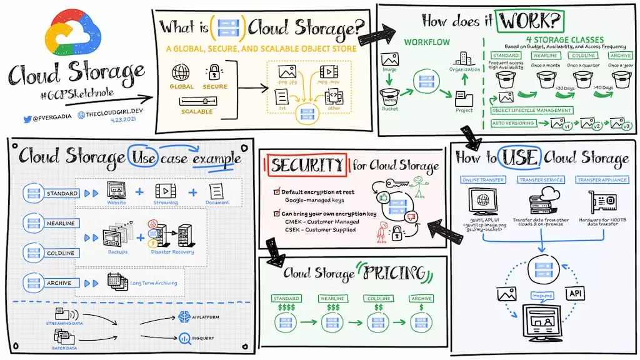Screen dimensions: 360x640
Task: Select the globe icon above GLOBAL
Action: [x=181, y=71]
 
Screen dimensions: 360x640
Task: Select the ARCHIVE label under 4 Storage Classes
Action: [x=621, y=56]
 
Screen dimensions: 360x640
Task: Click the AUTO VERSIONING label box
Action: [x=513, y=123]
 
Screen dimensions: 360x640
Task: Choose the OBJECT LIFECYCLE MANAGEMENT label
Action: [x=532, y=110]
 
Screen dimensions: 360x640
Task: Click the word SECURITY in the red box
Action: [x=306, y=165]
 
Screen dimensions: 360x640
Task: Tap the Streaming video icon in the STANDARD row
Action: [x=166, y=191]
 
